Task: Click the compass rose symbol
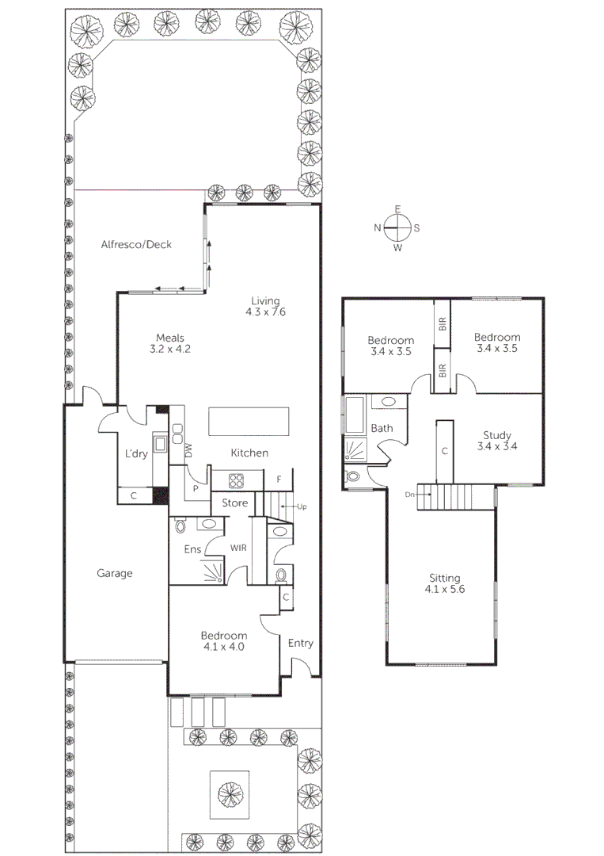[x=397, y=228]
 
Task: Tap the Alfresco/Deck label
[x=136, y=245]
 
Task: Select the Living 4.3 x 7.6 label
[x=265, y=306]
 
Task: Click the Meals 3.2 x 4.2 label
[x=170, y=342]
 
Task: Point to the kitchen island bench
[x=249, y=421]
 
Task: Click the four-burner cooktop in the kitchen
[x=236, y=480]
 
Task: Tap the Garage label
[x=115, y=573]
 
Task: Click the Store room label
[x=235, y=503]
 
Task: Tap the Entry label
[x=300, y=644]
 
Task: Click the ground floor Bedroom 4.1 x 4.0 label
[x=223, y=640]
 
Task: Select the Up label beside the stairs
[x=302, y=506]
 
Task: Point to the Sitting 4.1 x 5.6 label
[x=443, y=583]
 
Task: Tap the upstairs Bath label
[x=382, y=428]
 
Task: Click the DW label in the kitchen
[x=188, y=450]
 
